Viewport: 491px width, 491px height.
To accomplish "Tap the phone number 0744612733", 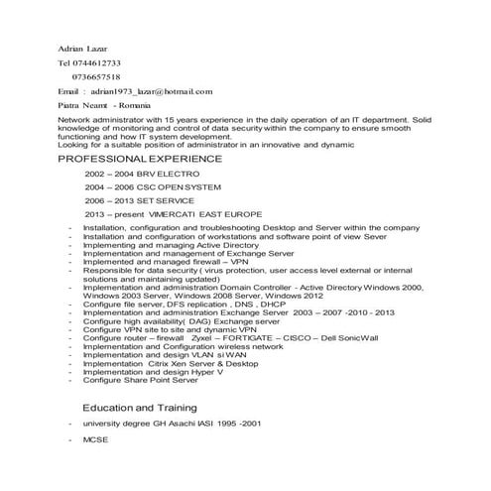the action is pos(97,61).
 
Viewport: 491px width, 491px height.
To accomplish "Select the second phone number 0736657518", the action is pos(97,75).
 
